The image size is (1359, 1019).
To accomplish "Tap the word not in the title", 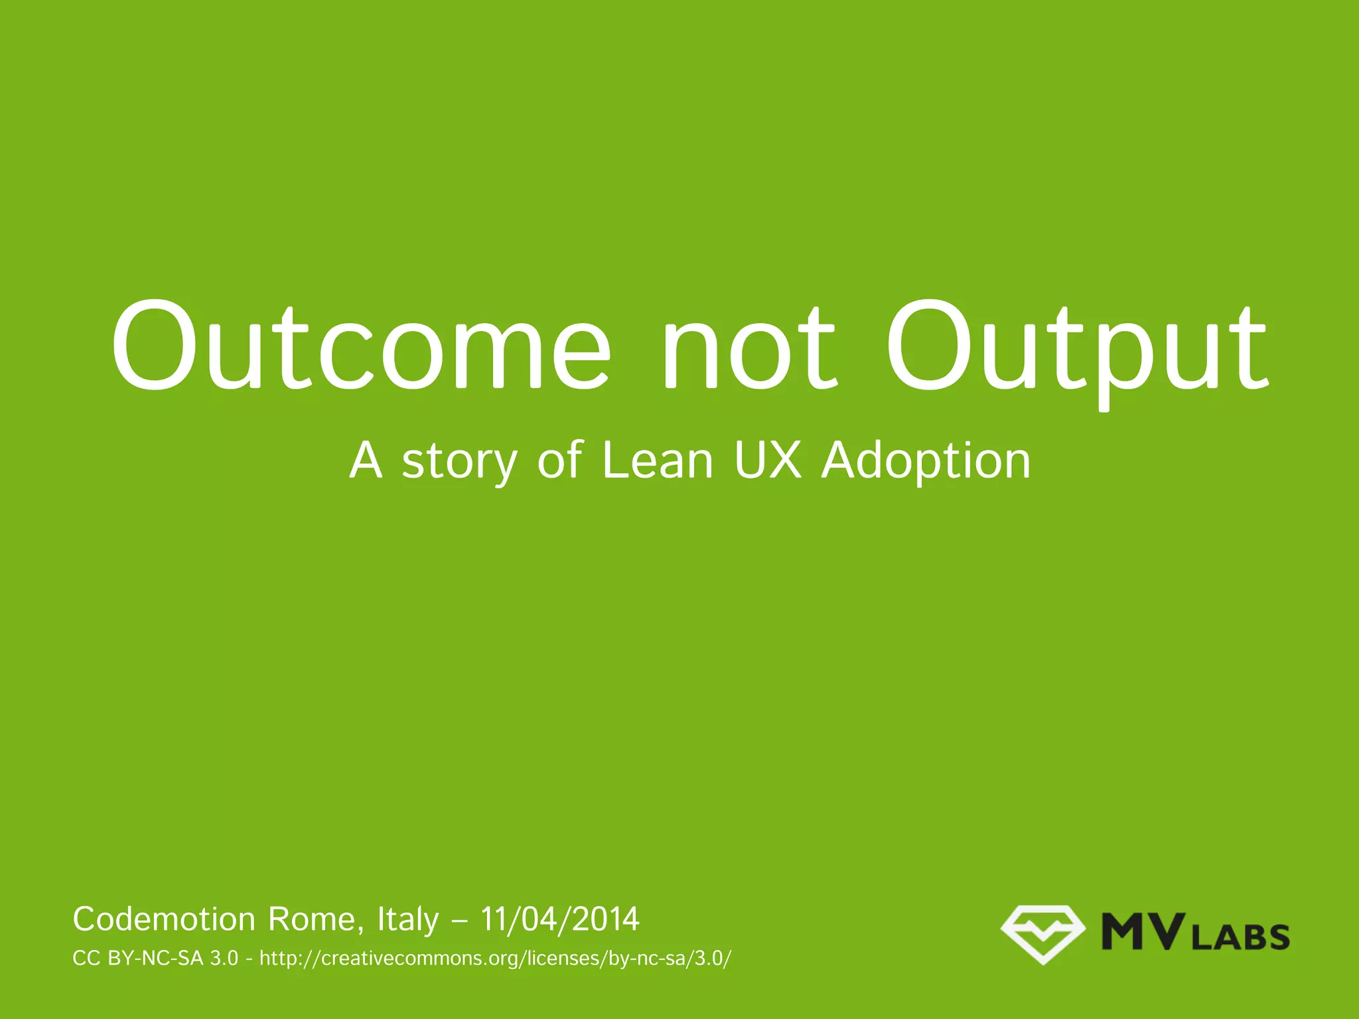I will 750,346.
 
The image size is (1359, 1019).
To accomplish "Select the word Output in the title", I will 1076,346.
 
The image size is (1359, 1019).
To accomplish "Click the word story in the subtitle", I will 459,461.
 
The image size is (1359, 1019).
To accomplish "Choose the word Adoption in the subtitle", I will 926,461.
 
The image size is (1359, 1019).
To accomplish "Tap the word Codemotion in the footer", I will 164,919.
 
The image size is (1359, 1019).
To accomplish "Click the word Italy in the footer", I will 407,920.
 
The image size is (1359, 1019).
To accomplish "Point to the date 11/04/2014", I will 560,919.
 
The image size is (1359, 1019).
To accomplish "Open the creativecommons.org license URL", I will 495,959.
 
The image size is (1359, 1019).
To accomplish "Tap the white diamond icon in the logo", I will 1042,934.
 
